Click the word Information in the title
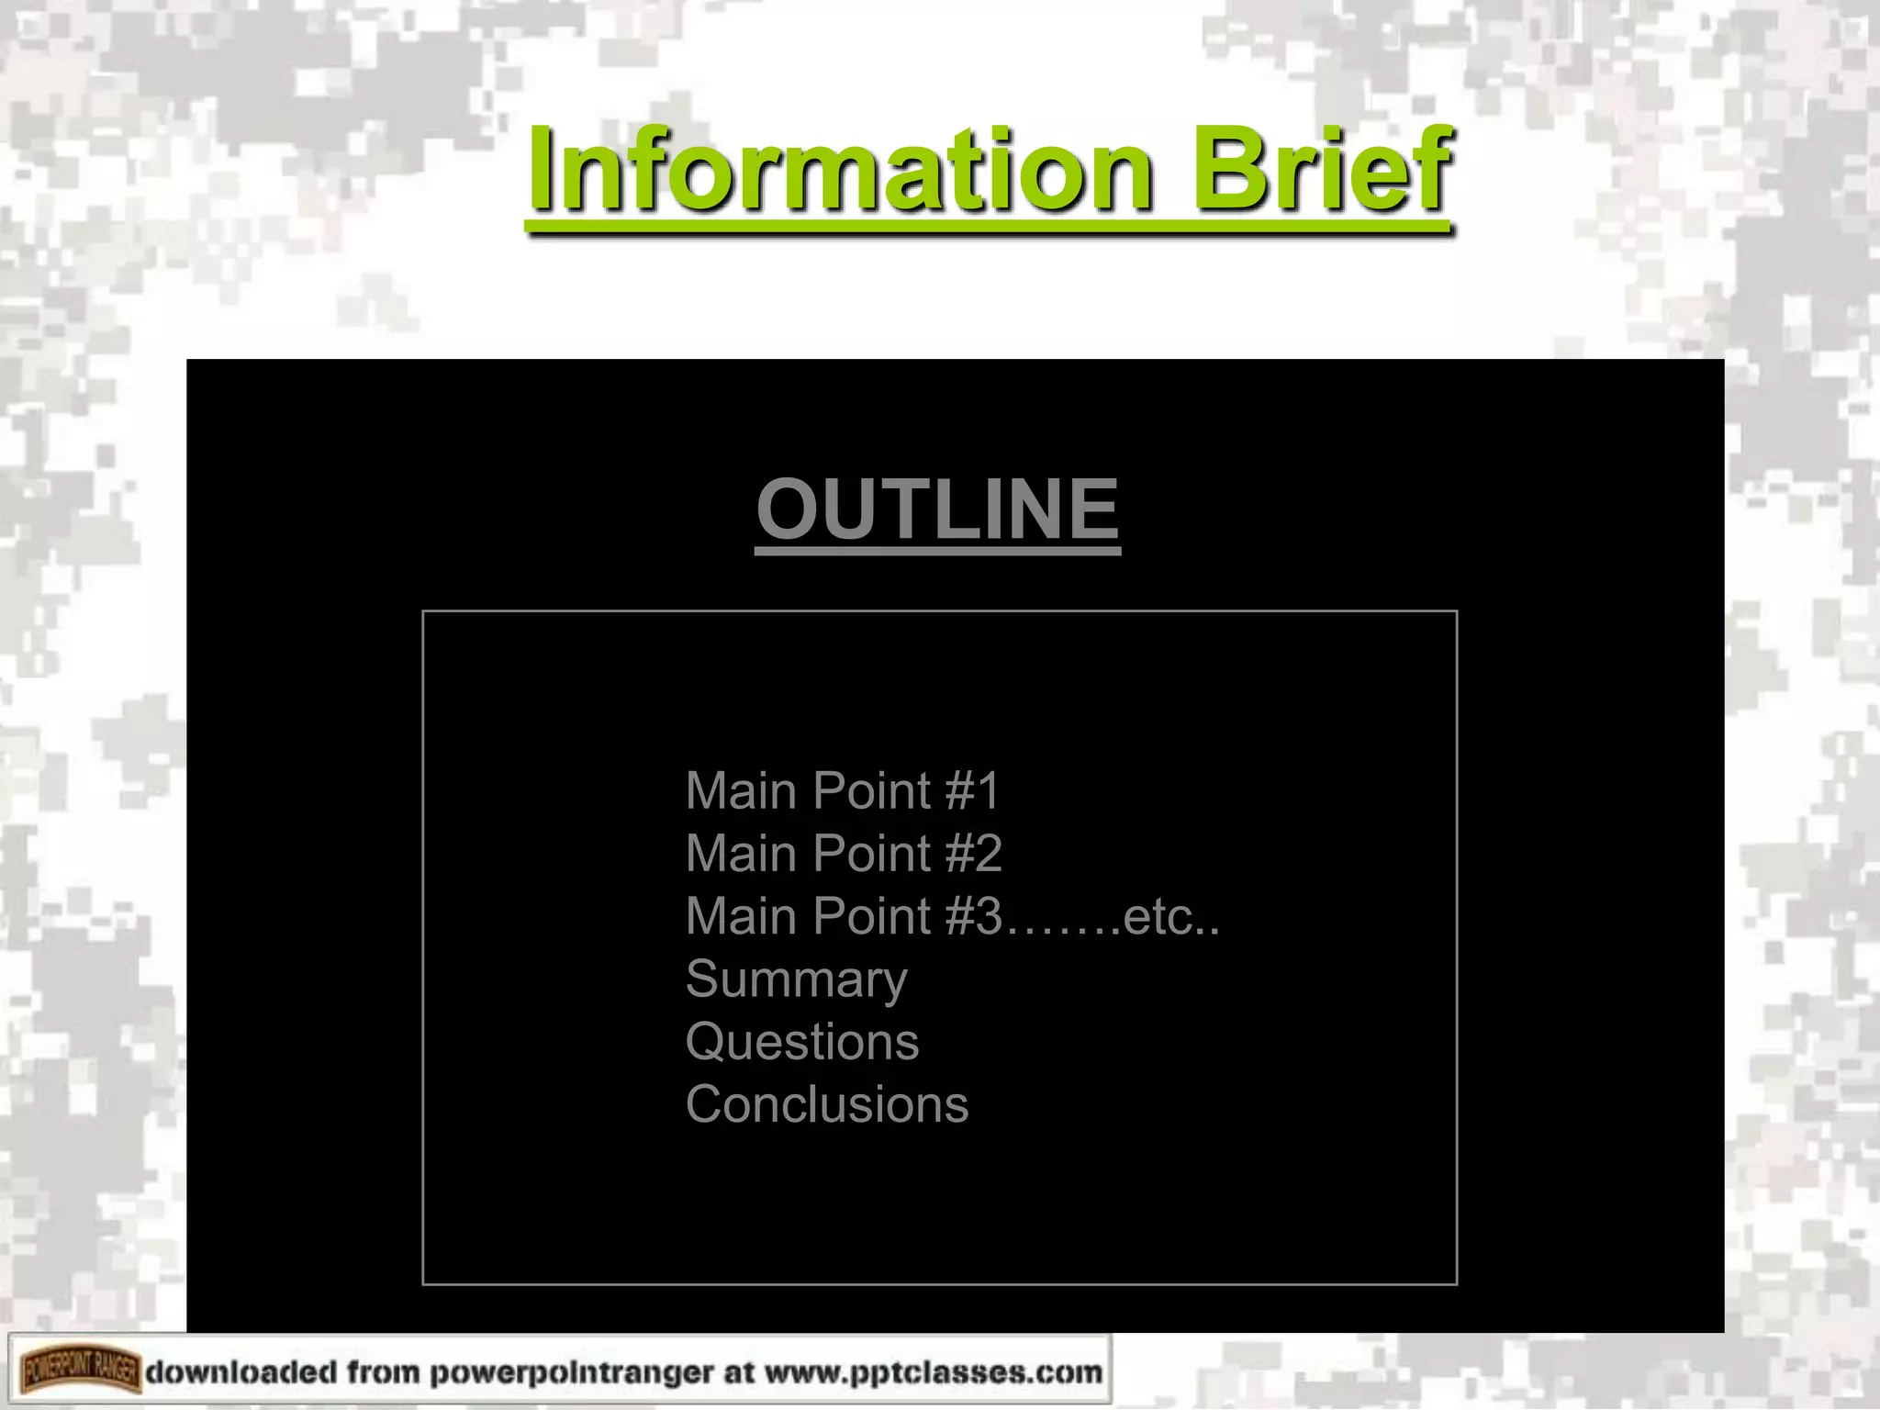point(839,171)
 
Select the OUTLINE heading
point(937,509)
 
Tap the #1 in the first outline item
point(972,791)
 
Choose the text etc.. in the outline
point(1170,916)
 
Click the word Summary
point(796,979)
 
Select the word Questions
point(802,1042)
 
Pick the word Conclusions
point(827,1104)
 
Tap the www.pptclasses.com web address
point(933,1372)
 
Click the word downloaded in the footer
point(241,1372)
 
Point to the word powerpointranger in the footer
point(571,1372)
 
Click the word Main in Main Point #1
point(742,791)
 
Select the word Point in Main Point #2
point(872,854)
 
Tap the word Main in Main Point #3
point(742,916)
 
